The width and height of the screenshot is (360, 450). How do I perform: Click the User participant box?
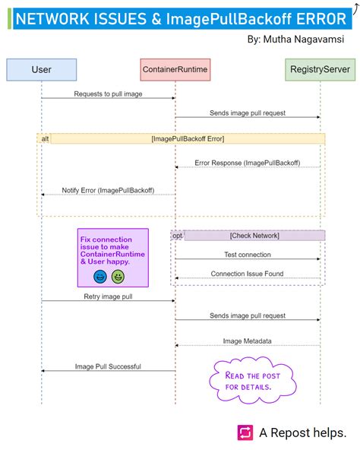coord(41,70)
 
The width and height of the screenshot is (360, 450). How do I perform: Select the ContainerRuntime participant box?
coord(175,70)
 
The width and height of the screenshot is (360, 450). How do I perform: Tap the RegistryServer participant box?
coord(320,70)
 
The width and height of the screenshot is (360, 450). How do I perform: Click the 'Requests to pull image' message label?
coord(108,93)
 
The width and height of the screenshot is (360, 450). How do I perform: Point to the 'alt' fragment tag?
coord(45,138)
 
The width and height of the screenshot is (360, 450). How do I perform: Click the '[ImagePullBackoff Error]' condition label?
coord(188,138)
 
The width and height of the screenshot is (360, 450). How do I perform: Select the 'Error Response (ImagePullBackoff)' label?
coord(247,163)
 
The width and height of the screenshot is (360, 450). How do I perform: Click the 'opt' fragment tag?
coord(177,236)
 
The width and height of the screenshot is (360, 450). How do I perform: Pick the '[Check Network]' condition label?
coord(254,236)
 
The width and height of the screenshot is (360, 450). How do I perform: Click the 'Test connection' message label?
coord(247,255)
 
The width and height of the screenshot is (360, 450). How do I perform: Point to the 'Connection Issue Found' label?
coord(247,274)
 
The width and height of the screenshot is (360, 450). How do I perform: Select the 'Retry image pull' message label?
coord(108,296)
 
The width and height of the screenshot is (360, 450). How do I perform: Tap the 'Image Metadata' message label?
coord(247,341)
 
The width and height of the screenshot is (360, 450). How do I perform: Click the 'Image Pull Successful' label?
coord(108,366)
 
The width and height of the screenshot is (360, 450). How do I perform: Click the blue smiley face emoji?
coord(100,276)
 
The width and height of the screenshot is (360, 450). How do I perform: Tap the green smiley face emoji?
coord(118,276)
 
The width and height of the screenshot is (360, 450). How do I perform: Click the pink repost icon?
coord(245,432)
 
